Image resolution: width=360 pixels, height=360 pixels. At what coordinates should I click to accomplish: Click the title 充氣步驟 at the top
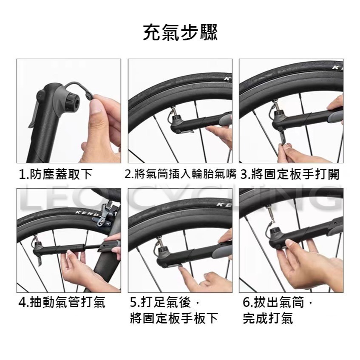(x=180, y=33)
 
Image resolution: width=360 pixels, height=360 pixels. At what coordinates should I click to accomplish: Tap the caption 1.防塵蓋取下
(x=55, y=174)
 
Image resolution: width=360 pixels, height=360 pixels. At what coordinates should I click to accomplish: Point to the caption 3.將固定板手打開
(x=290, y=174)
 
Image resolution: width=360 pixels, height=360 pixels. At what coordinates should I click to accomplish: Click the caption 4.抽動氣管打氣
(x=62, y=303)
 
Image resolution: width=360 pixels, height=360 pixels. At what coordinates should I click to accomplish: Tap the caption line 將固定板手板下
(x=174, y=318)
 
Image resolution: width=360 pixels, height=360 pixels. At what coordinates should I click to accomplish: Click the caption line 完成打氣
(x=268, y=318)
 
